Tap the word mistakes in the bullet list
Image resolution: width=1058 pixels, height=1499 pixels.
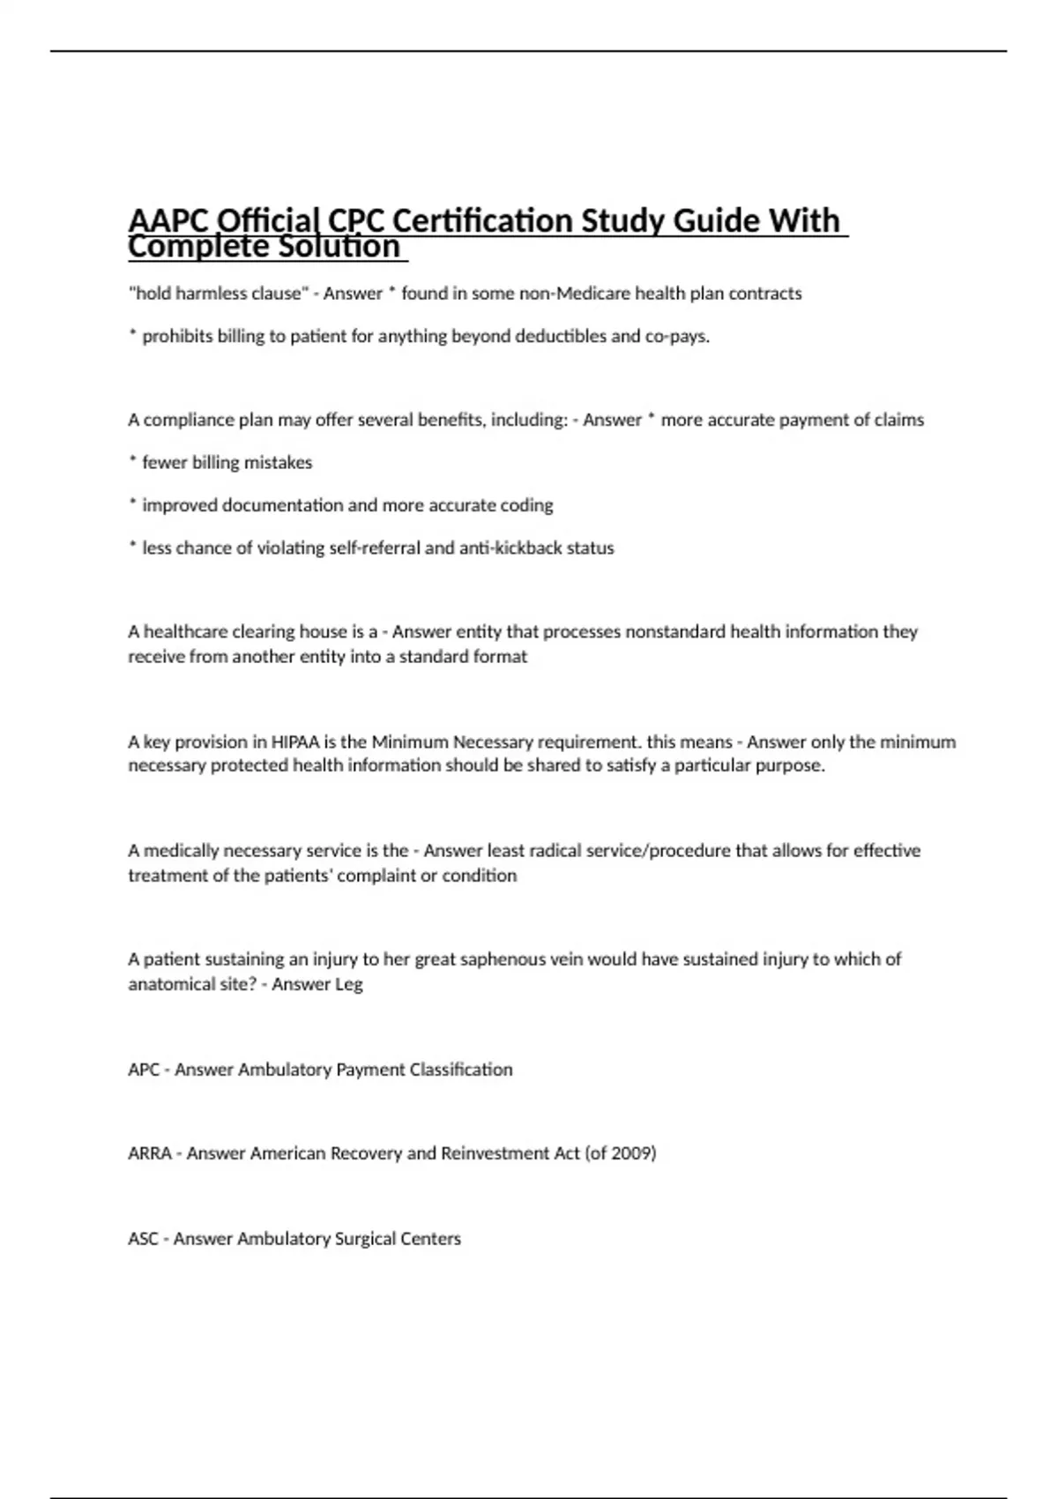coord(278,463)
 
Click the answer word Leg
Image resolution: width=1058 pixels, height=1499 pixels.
coord(348,984)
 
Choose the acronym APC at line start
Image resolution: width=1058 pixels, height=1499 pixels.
coord(144,1070)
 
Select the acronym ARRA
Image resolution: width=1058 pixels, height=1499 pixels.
coord(150,1153)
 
